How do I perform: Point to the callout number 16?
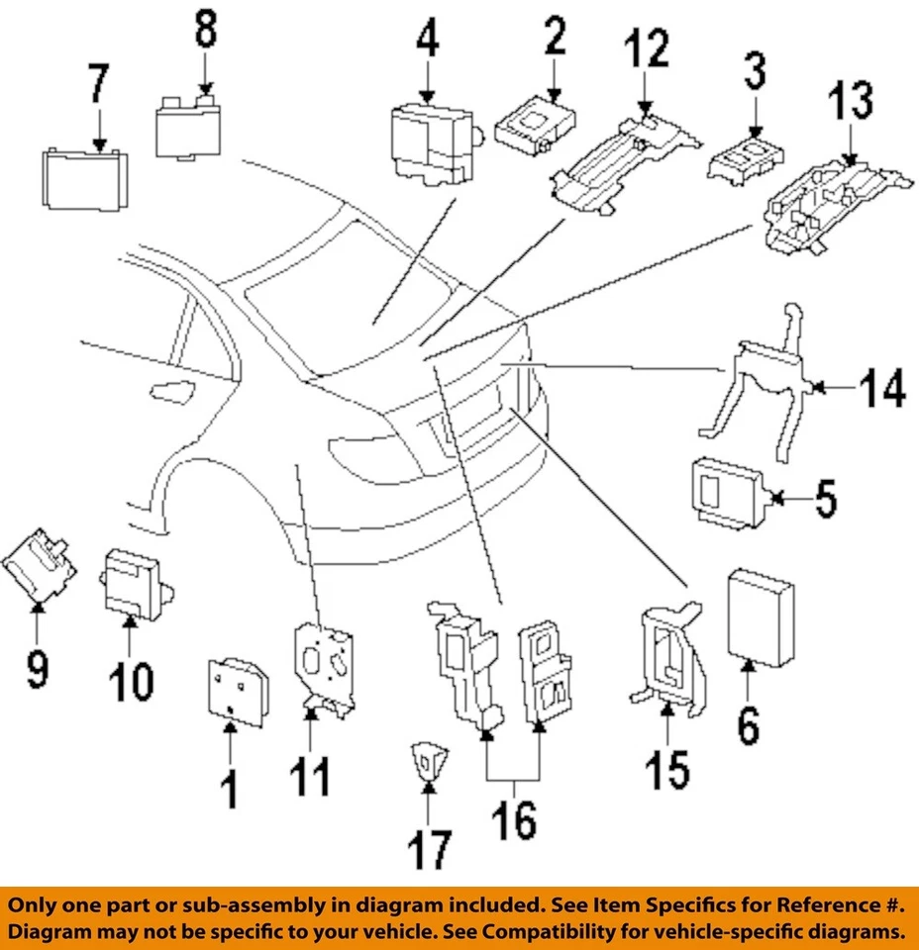click(x=513, y=820)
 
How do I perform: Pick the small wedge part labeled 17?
click(x=428, y=762)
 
